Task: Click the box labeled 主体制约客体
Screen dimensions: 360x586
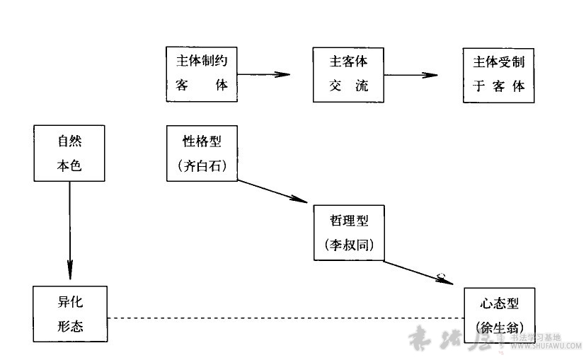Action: (x=202, y=74)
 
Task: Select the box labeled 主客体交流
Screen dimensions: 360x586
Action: (x=348, y=74)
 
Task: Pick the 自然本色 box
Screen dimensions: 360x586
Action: (x=69, y=153)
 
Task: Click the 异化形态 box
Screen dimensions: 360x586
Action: (x=69, y=314)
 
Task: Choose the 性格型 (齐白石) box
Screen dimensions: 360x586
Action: (x=202, y=153)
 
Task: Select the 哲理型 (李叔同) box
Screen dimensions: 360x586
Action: (x=348, y=233)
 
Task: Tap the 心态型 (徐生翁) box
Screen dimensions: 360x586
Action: (x=499, y=314)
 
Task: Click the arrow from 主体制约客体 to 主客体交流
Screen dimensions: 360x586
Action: (x=264, y=74)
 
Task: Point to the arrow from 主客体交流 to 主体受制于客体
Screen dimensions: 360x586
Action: (x=412, y=74)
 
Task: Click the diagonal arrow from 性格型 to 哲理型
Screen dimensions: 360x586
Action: (x=275, y=192)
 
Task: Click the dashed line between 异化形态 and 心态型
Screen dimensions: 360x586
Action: (x=283, y=318)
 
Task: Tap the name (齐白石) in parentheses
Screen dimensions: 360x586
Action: (x=202, y=166)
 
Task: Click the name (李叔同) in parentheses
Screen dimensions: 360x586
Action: (x=348, y=245)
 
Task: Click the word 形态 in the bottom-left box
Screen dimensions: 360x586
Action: (x=69, y=327)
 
